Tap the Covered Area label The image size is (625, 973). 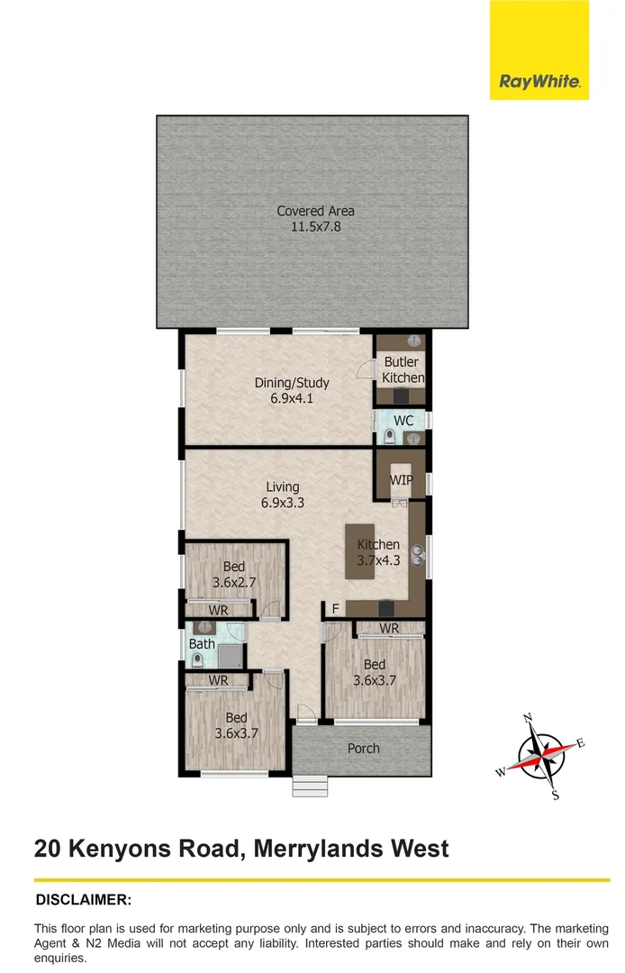[x=315, y=211]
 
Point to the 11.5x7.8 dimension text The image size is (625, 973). [x=315, y=227]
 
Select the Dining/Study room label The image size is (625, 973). [x=292, y=383]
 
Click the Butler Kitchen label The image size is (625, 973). [x=402, y=370]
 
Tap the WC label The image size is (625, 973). [x=403, y=420]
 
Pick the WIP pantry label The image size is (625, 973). [x=402, y=480]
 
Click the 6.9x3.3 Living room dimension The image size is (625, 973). [x=283, y=503]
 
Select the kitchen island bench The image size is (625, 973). [x=359, y=551]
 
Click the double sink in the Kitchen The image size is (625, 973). [x=418, y=555]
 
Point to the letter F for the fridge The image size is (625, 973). [x=334, y=609]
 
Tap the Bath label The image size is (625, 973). [x=202, y=644]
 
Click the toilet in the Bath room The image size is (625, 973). [x=197, y=659]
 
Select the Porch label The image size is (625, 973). [x=363, y=748]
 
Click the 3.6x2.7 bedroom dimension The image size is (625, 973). [x=234, y=583]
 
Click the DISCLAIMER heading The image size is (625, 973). [x=84, y=899]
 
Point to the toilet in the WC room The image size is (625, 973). [x=390, y=437]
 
